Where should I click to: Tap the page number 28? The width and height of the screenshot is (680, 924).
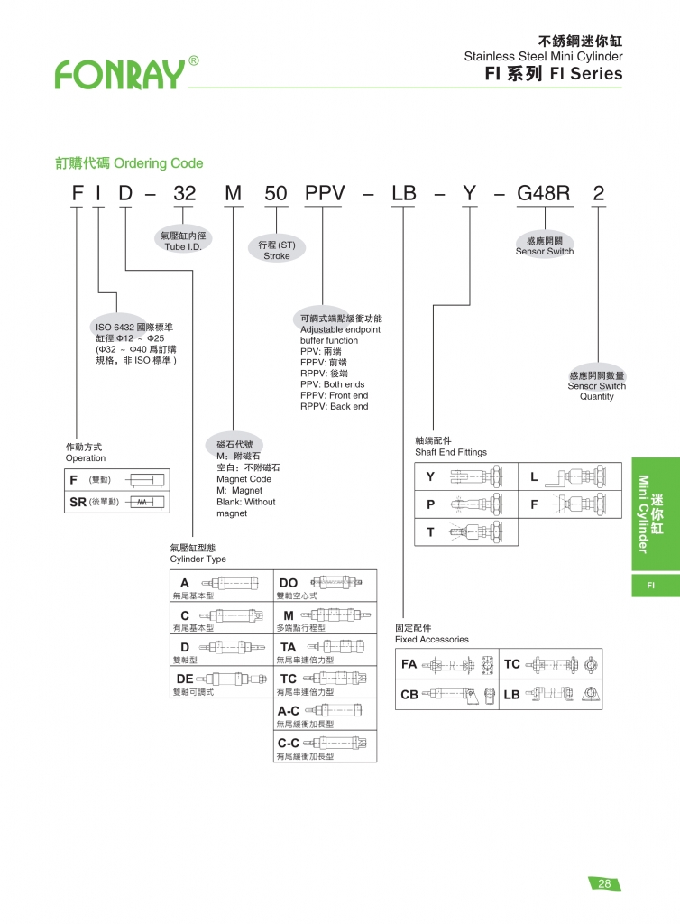tap(603, 883)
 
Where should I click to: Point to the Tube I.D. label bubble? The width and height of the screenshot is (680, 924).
tap(182, 241)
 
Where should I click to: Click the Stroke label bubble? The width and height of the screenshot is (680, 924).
tap(277, 250)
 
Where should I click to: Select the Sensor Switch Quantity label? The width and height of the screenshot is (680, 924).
tap(596, 386)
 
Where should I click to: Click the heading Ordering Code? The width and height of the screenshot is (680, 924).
tap(129, 163)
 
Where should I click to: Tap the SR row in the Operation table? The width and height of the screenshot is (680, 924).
tap(117, 501)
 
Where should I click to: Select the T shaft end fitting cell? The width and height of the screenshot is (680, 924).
tap(466, 531)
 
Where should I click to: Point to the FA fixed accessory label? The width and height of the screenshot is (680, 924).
tap(409, 664)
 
